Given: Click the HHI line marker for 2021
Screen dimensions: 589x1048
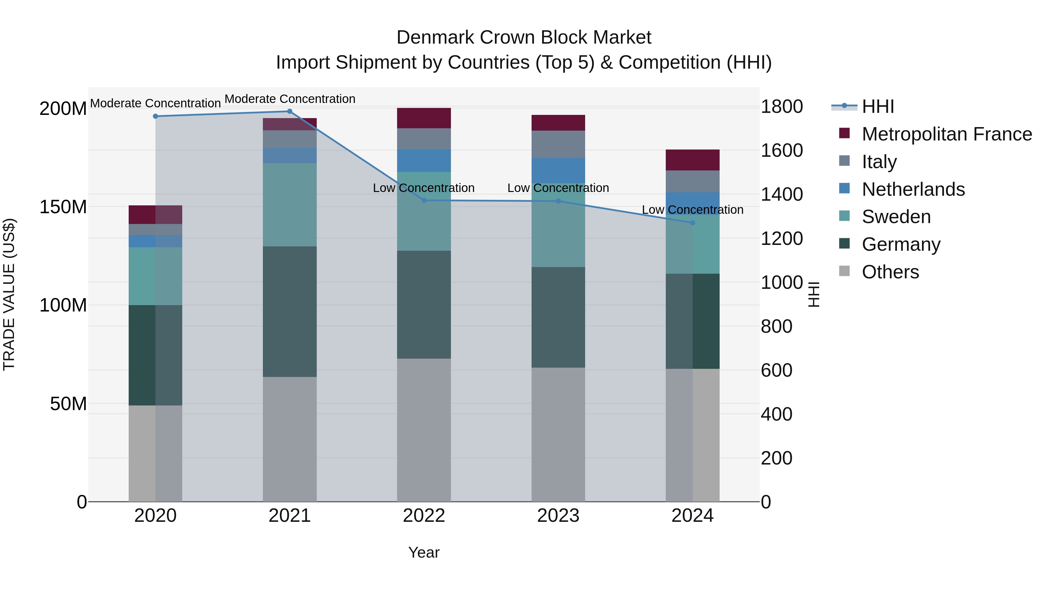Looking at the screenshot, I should (x=290, y=111).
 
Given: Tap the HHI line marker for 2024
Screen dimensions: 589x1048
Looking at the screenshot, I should (x=693, y=223).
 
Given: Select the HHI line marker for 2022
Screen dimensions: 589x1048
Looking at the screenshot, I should (x=424, y=200).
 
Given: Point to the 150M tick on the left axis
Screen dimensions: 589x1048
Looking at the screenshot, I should (x=63, y=207).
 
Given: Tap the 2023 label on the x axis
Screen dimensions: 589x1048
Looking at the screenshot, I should (x=558, y=516).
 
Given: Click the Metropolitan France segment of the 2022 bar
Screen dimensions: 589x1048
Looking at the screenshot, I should (x=424, y=118).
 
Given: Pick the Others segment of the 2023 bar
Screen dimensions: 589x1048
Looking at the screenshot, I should (x=558, y=435).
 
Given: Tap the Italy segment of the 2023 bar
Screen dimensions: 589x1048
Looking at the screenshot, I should (x=558, y=144).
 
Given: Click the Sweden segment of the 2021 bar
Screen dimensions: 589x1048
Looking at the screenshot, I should (x=290, y=204).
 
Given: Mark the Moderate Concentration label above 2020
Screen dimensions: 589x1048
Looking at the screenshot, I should (x=155, y=103).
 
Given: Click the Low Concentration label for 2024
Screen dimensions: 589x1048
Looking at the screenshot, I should (x=693, y=210).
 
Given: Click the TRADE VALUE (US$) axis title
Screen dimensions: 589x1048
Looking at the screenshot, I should (x=9, y=294).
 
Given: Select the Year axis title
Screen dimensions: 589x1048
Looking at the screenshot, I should (x=424, y=552).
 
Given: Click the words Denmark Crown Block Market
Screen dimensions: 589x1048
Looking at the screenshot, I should (x=524, y=38).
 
